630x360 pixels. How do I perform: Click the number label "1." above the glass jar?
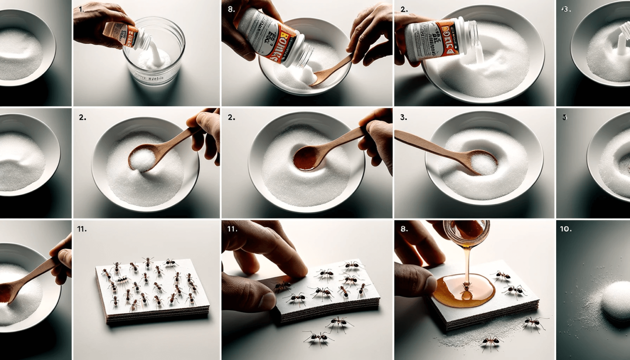[82, 9]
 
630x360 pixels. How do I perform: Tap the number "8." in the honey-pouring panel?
[404, 229]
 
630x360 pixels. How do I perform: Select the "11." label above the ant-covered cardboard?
[82, 229]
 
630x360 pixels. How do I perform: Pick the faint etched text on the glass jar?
[150, 77]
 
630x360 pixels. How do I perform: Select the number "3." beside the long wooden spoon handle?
[403, 117]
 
